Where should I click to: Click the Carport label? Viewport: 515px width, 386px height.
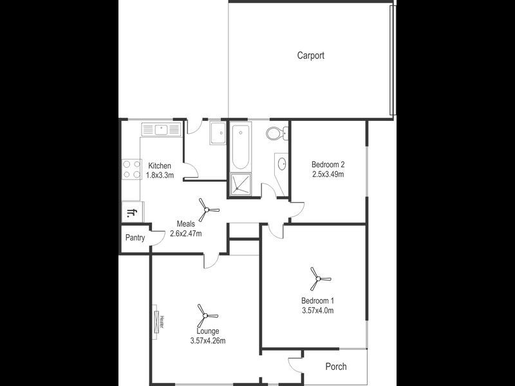[x=310, y=55]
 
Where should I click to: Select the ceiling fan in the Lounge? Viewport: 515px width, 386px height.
[x=207, y=315]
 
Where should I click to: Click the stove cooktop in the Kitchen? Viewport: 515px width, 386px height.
[x=131, y=169]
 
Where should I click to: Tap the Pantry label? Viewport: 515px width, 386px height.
[x=135, y=237]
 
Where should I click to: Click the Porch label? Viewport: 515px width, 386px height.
[x=335, y=367]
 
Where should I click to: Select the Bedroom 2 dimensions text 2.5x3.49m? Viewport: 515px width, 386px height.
[x=328, y=174]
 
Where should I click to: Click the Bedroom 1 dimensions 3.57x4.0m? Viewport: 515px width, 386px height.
[x=318, y=311]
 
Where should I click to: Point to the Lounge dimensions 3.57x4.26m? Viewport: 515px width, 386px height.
[x=208, y=340]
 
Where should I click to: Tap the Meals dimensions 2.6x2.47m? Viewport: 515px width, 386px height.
[x=186, y=234]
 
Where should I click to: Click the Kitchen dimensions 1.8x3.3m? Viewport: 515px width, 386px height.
[x=160, y=175]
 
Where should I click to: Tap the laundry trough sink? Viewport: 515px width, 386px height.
[x=217, y=134]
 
